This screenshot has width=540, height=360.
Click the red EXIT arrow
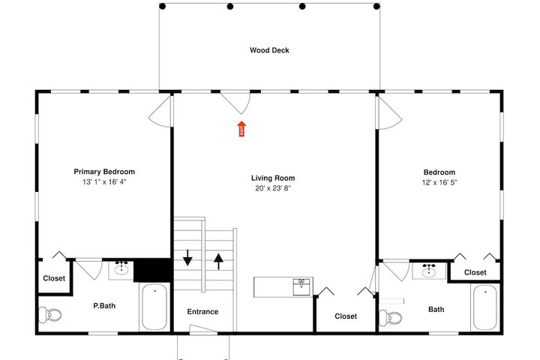(241, 128)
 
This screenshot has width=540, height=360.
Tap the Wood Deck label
(269, 50)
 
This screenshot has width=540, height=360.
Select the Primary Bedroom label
(104, 172)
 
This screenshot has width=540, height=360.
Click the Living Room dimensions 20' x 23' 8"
(273, 188)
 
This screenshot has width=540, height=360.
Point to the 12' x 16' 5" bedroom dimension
(439, 182)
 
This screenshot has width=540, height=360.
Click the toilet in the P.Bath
(50, 314)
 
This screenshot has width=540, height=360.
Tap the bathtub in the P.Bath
(154, 307)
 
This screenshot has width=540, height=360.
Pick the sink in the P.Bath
(121, 268)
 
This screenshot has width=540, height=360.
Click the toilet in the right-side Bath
(390, 318)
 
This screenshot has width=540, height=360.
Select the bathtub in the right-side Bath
(485, 307)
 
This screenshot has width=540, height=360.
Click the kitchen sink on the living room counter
(301, 287)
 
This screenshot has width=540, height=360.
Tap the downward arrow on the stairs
(187, 257)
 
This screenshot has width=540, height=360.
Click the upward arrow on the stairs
(218, 261)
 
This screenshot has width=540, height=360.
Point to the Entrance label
(202, 312)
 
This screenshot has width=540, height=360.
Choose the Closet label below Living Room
(346, 316)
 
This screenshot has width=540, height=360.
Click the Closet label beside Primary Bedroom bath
(54, 278)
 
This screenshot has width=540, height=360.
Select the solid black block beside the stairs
(151, 270)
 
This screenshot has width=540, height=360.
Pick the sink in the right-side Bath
(429, 271)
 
